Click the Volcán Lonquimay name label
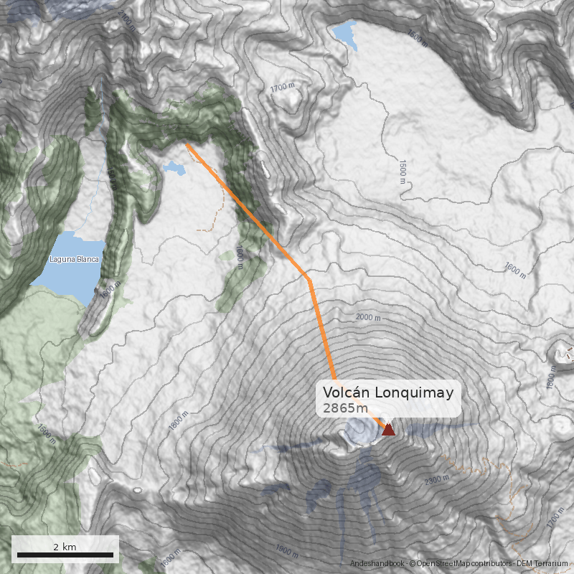pos(387,392)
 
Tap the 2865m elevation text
pos(344,408)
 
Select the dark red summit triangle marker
pos(388,430)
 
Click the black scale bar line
pos(65,555)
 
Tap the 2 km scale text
pos(65,547)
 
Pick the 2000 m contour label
pos(368,316)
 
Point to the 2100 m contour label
pos(126,22)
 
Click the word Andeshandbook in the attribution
pos(378,565)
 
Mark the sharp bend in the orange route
pos(309,278)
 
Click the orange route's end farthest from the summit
pos(186,143)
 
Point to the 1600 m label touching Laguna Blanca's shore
pos(108,291)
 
